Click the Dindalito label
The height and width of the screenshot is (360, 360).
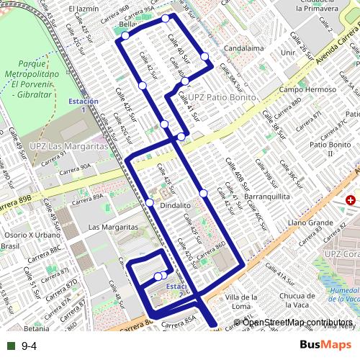[175, 205]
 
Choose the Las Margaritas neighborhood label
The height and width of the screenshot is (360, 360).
[112, 227]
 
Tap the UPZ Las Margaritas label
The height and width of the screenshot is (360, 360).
[64, 146]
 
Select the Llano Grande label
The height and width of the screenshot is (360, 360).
[310, 223]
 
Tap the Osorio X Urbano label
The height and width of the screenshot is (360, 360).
[32, 235]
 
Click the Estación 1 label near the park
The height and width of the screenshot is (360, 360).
[83, 105]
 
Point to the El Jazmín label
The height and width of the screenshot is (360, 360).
[84, 9]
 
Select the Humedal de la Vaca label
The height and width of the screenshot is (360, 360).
[344, 294]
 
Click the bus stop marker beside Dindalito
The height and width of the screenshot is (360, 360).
[150, 203]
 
